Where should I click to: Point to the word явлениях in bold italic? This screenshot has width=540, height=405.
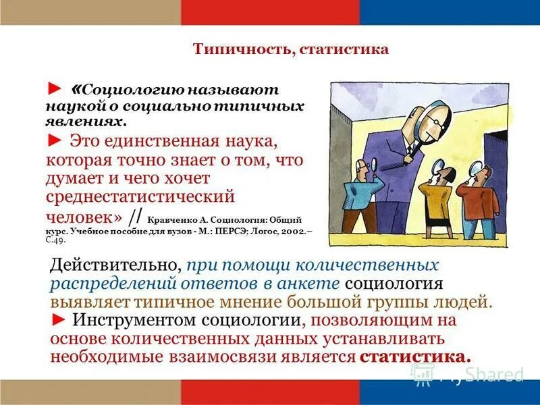pos(85,122)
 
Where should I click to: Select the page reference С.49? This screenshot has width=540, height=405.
pos(56,240)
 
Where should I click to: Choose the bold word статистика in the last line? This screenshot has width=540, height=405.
pos(414,356)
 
